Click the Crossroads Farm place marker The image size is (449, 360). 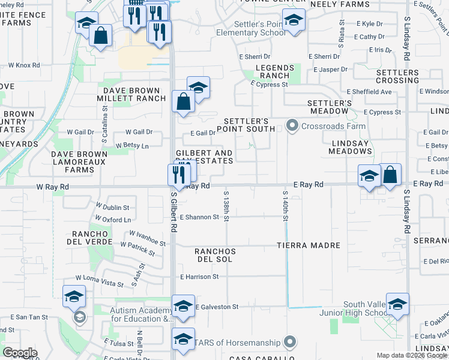(x=292, y=126)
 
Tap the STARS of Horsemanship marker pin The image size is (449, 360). (x=291, y=343)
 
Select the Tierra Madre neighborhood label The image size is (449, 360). (x=309, y=245)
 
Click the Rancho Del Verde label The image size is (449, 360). (x=93, y=238)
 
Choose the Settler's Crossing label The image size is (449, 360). (x=397, y=76)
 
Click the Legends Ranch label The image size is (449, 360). (x=276, y=72)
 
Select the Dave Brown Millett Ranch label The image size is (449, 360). (x=132, y=94)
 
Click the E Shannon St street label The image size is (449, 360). (x=199, y=217)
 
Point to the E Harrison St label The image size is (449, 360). (x=199, y=277)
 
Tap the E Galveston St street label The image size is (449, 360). (x=217, y=307)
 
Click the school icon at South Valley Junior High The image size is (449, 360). (x=397, y=305)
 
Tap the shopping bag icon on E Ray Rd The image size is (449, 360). (x=390, y=176)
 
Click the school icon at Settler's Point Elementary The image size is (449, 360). (x=294, y=21)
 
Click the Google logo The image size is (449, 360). (x=20, y=353)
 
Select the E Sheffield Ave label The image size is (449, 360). (x=369, y=92)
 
